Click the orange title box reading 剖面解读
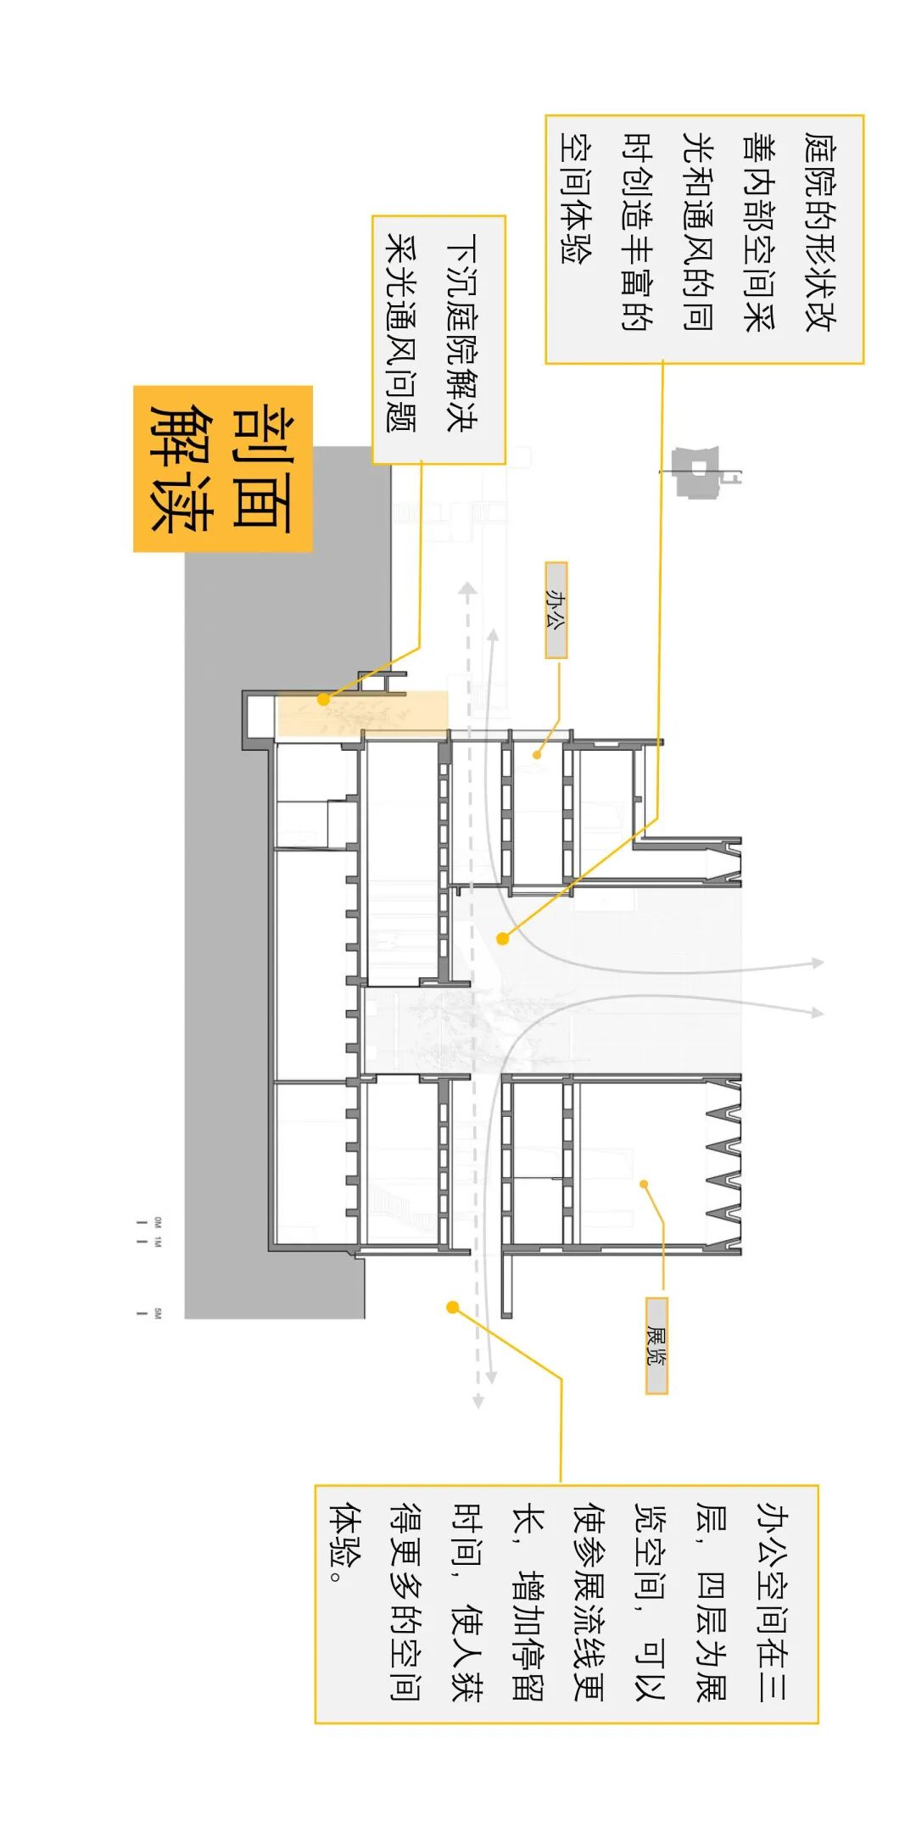coord(223,469)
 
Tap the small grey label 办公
coord(556,611)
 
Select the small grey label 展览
coord(656,1345)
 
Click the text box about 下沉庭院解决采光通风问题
coord(438,339)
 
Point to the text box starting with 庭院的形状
coord(704,240)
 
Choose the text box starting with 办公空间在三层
coord(566,1604)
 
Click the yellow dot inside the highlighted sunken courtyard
coord(323,700)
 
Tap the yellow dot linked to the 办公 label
coord(538,754)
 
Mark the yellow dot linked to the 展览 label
coord(645,1184)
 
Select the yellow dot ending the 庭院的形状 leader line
coord(503,939)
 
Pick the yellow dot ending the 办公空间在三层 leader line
coord(453,1308)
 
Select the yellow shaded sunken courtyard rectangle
coord(362,713)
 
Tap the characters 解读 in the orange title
coord(180,469)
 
